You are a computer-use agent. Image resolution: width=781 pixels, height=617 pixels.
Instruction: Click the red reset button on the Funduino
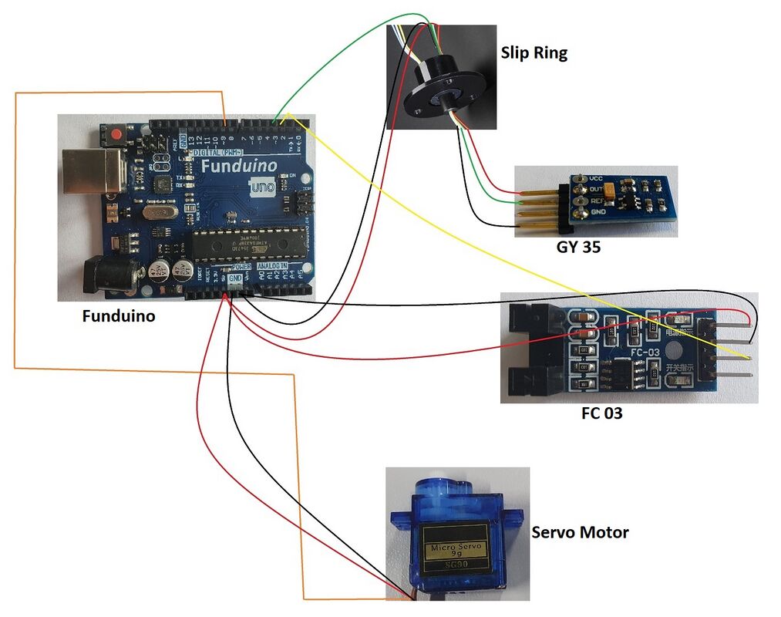116,135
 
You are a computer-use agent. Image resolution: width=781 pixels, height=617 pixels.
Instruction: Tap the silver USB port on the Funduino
91,170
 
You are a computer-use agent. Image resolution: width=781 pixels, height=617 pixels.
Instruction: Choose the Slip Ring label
534,53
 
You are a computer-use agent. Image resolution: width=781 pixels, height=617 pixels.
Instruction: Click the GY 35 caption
578,248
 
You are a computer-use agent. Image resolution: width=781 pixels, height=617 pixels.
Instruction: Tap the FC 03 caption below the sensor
601,413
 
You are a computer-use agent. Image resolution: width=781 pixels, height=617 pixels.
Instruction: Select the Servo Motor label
580,532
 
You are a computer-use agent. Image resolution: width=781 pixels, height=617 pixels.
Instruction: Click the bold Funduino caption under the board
119,315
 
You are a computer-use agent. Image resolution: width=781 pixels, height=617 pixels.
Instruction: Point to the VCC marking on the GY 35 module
595,177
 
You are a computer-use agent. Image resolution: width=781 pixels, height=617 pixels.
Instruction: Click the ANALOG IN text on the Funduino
272,265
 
